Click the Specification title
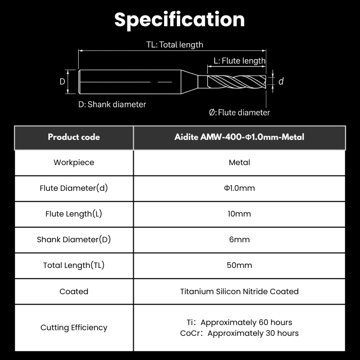[179, 20]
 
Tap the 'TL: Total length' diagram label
[175, 45]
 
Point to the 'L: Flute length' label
[240, 61]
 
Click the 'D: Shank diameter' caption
[112, 104]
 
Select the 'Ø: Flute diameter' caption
[240, 113]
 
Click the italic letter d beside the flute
[281, 81]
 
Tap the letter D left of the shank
[62, 81]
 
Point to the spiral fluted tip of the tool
[237, 81]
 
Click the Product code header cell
[74, 137]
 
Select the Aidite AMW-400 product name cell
[239, 137]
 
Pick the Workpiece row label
[74, 163]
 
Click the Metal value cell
[239, 163]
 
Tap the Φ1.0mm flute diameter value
[239, 188]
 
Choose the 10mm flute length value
[239, 214]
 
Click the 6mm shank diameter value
[239, 240]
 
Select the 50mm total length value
[239, 265]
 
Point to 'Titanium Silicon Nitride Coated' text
[239, 292]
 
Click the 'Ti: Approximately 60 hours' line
[239, 322]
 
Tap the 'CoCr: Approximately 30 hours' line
[239, 333]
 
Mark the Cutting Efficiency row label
[74, 328]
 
